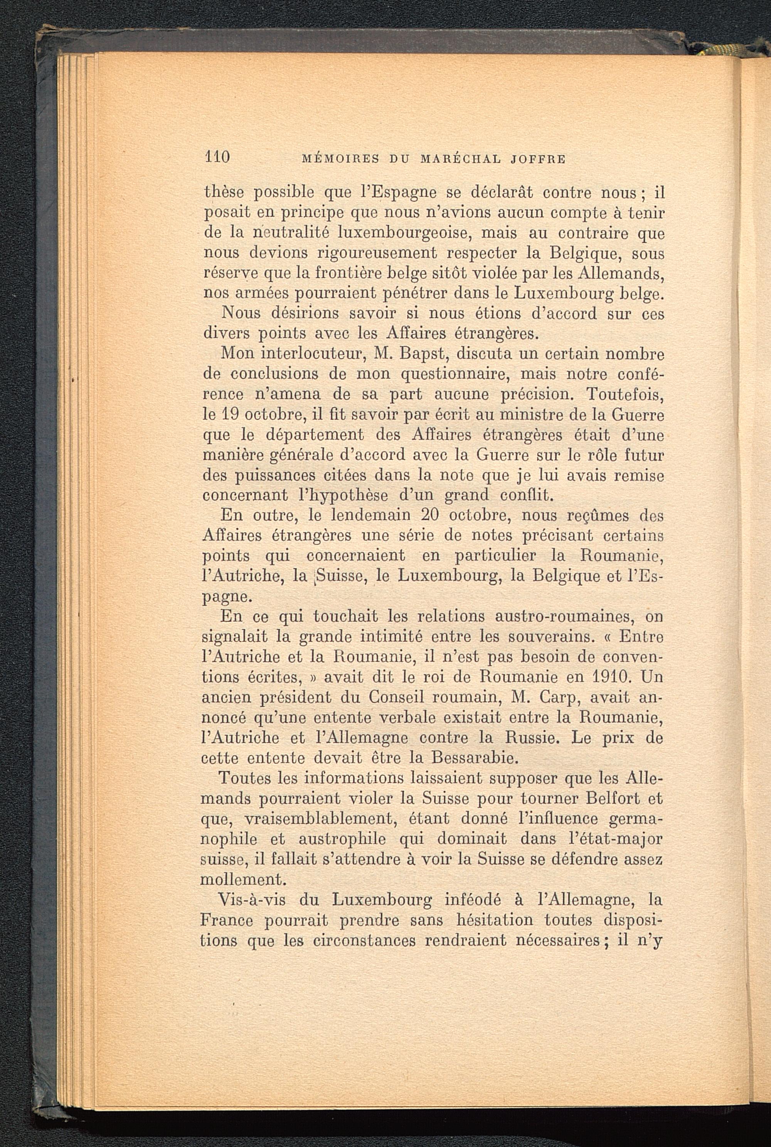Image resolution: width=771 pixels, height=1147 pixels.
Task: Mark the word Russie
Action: point(562,738)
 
